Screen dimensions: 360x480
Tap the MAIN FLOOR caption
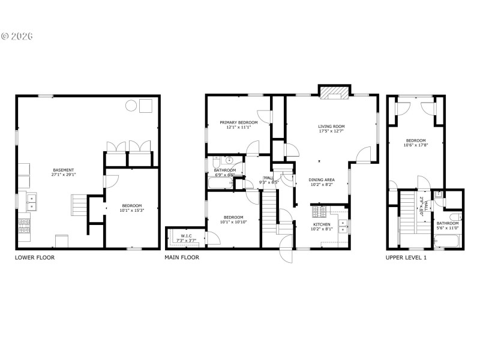[182, 257]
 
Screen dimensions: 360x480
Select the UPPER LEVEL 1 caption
[406, 257]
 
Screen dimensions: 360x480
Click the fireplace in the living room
[333, 92]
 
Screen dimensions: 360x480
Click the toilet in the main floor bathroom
[230, 161]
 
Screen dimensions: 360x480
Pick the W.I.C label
[187, 236]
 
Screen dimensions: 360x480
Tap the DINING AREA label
[322, 180]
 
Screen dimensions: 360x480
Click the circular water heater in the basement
[131, 106]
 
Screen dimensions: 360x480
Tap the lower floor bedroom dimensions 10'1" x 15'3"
[133, 211]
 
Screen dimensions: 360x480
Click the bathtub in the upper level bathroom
[447, 242]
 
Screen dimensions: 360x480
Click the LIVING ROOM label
[332, 127]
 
